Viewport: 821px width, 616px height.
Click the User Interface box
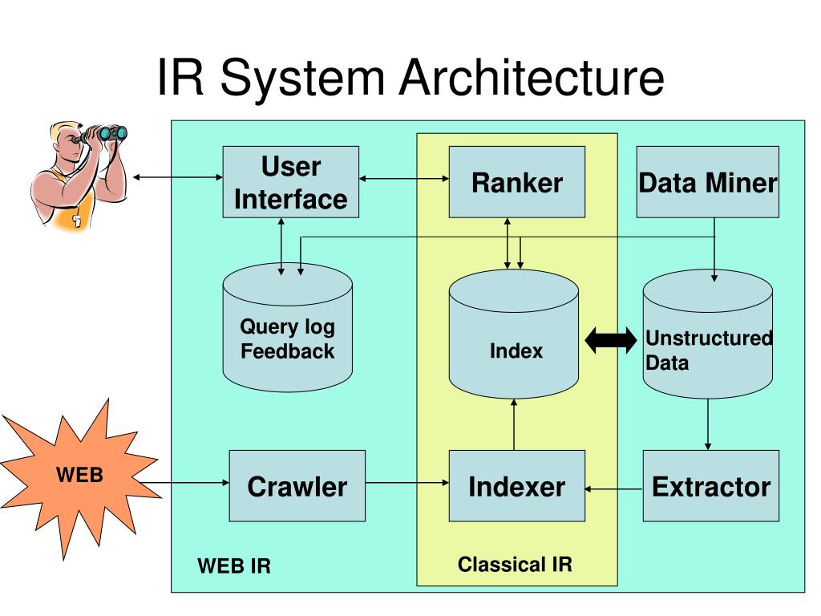tap(290, 182)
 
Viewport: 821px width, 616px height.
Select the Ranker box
tap(517, 182)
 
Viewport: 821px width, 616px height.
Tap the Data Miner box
tap(707, 182)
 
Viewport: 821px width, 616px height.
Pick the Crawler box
tap(297, 485)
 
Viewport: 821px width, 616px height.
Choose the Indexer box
tap(517, 485)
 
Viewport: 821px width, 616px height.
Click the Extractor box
tap(710, 485)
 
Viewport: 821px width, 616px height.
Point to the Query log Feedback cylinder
tap(288, 327)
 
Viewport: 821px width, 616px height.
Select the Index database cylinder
tap(514, 334)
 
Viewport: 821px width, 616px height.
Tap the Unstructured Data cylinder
tap(707, 334)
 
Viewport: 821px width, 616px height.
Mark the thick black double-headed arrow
tap(610, 340)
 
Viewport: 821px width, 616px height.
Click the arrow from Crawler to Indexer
tap(406, 482)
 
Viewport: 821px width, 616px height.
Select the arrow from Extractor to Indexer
tap(613, 488)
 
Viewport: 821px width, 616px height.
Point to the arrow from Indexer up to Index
tap(514, 424)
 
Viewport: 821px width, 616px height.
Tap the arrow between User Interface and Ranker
tap(404, 179)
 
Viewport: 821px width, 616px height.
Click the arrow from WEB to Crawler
tap(185, 482)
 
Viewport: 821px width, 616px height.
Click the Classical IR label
tap(515, 564)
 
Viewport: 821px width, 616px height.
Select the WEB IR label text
tap(234, 565)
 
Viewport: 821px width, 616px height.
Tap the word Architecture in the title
tap(532, 78)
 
